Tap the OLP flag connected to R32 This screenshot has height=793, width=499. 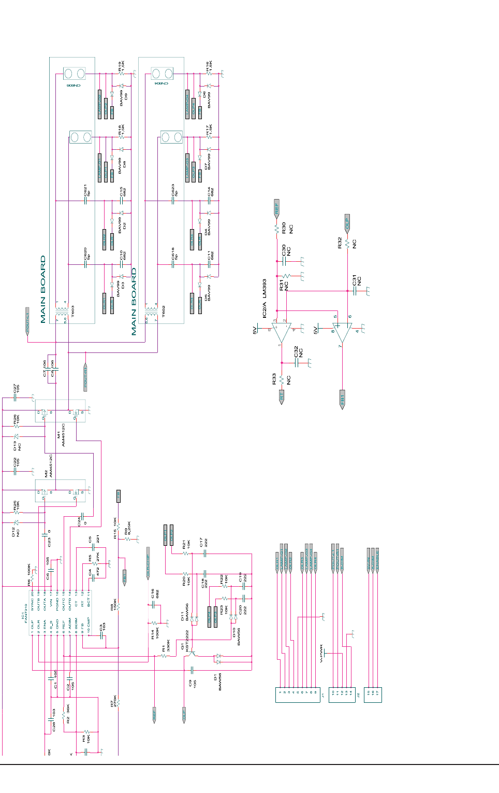click(347, 222)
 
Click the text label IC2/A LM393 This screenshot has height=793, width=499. click(264, 299)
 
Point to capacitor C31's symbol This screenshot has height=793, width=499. click(355, 291)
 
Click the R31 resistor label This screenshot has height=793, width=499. click(284, 285)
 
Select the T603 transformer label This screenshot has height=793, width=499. click(72, 311)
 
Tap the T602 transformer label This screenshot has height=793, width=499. click(164, 311)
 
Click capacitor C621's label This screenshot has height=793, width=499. click(87, 190)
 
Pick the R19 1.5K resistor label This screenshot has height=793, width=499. click(121, 66)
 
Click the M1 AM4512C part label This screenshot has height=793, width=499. click(61, 435)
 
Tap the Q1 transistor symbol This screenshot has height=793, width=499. click(192, 654)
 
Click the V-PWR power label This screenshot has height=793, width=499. click(321, 654)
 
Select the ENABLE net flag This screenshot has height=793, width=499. click(377, 560)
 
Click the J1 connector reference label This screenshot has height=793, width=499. click(322, 695)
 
